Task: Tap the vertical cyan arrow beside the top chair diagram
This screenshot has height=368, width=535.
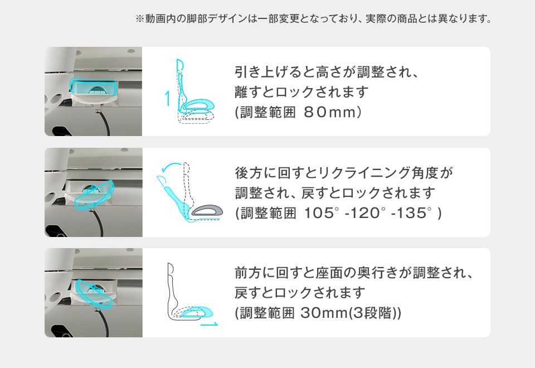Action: pyautogui.click(x=167, y=98)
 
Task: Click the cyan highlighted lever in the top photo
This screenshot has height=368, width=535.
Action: pyautogui.click(x=94, y=87)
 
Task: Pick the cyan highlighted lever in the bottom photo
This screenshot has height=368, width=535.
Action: pyautogui.click(x=94, y=294)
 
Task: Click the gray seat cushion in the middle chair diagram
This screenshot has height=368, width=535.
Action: pyautogui.click(x=207, y=210)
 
